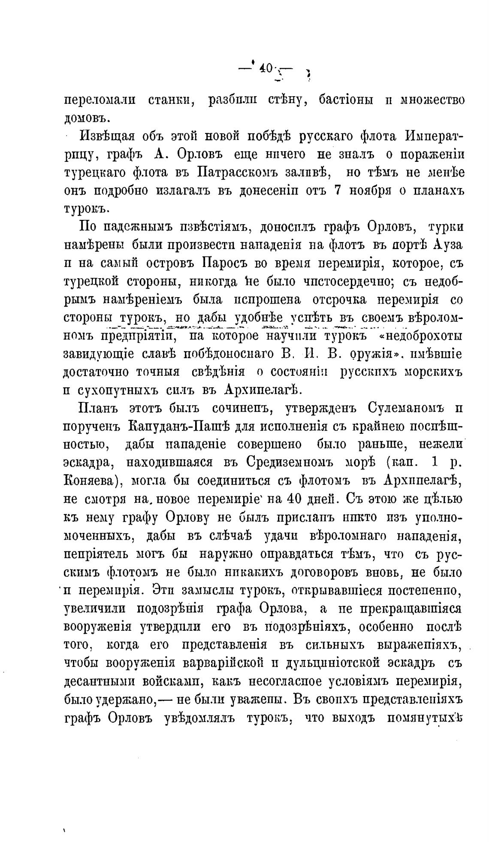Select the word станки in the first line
171,100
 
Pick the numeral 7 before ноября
337,190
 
